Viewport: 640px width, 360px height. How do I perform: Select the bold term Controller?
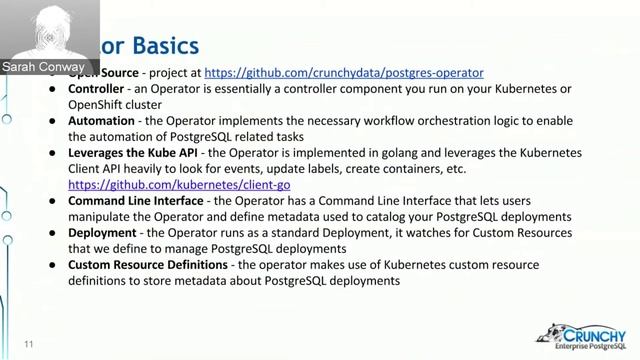(x=96, y=89)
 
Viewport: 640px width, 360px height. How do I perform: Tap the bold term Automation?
(x=101, y=121)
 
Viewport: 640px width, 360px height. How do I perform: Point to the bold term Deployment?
(x=101, y=233)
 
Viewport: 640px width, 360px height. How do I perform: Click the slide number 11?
(x=29, y=345)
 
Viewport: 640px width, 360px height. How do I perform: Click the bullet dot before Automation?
(x=54, y=121)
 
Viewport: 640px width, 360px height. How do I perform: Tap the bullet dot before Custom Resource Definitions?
(x=54, y=265)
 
